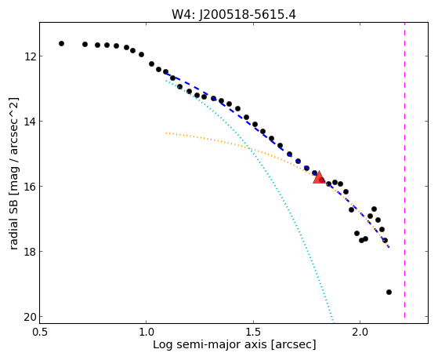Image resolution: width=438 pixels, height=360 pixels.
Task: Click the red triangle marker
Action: (x=319, y=177)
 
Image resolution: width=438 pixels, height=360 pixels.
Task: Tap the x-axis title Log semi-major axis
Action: (x=209, y=344)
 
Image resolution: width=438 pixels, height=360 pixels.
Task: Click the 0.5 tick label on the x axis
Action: (x=40, y=332)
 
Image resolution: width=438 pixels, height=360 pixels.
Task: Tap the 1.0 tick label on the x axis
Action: (x=147, y=332)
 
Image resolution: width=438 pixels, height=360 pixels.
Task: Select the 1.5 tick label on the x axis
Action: (x=253, y=332)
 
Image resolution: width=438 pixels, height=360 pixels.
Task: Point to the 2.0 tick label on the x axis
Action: (x=360, y=332)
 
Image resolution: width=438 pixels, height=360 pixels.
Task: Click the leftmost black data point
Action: (x=61, y=43)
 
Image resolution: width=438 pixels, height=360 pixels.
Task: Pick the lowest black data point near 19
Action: (x=389, y=292)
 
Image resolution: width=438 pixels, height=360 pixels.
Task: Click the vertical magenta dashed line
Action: (x=404, y=173)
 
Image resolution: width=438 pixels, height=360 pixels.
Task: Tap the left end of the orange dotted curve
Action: (x=166, y=133)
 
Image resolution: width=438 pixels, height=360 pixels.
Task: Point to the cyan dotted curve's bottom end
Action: (x=333, y=321)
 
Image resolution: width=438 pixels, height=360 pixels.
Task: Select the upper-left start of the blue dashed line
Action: (x=165, y=73)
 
